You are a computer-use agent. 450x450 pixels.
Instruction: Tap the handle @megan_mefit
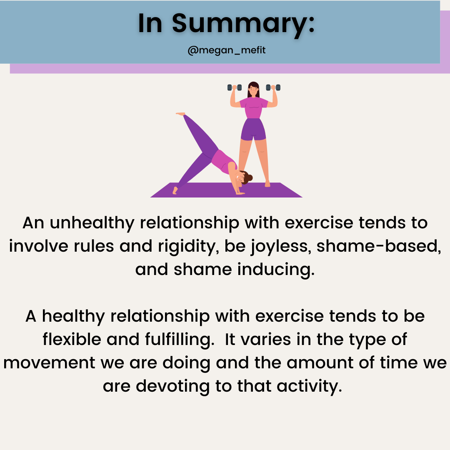click(226, 50)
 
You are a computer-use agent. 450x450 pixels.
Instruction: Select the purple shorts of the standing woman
click(253, 130)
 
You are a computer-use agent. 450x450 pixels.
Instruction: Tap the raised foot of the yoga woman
click(180, 114)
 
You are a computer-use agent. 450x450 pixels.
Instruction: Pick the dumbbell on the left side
click(235, 87)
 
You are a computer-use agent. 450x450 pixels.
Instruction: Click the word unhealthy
click(92, 223)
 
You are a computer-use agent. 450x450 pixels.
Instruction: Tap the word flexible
click(72, 340)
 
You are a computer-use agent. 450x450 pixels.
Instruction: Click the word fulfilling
click(180, 340)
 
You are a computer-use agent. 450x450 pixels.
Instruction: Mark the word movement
click(49, 363)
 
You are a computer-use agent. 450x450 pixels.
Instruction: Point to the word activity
click(310, 387)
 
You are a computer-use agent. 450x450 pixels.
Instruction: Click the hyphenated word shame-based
click(379, 247)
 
